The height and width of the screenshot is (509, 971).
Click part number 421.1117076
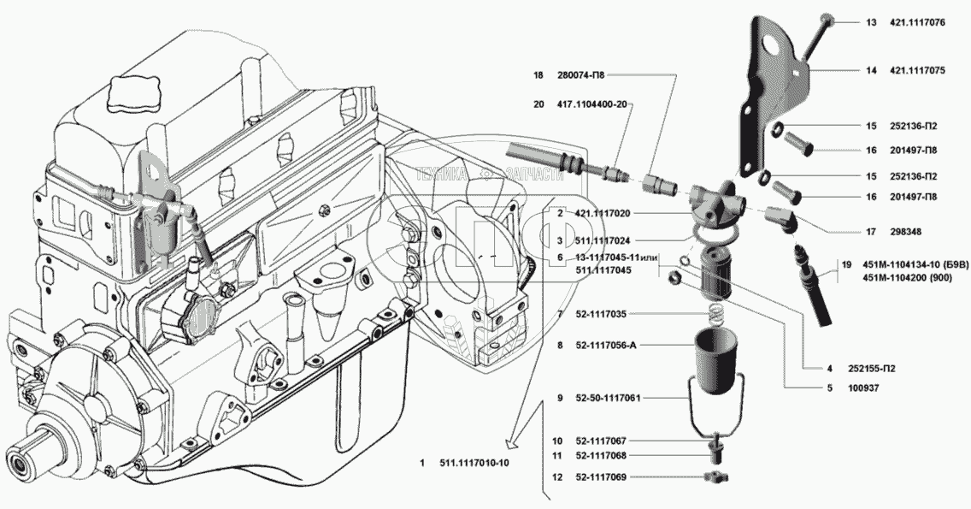pos(917,23)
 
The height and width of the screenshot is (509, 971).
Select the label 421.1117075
pos(917,71)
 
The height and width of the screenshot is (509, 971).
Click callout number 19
pos(845,265)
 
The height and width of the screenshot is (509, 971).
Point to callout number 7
pos(559,314)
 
